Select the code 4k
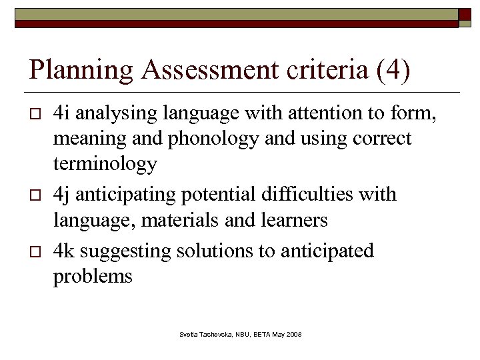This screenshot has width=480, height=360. coord(64,251)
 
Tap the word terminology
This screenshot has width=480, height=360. coord(105,163)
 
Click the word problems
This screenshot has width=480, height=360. coord(93,276)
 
